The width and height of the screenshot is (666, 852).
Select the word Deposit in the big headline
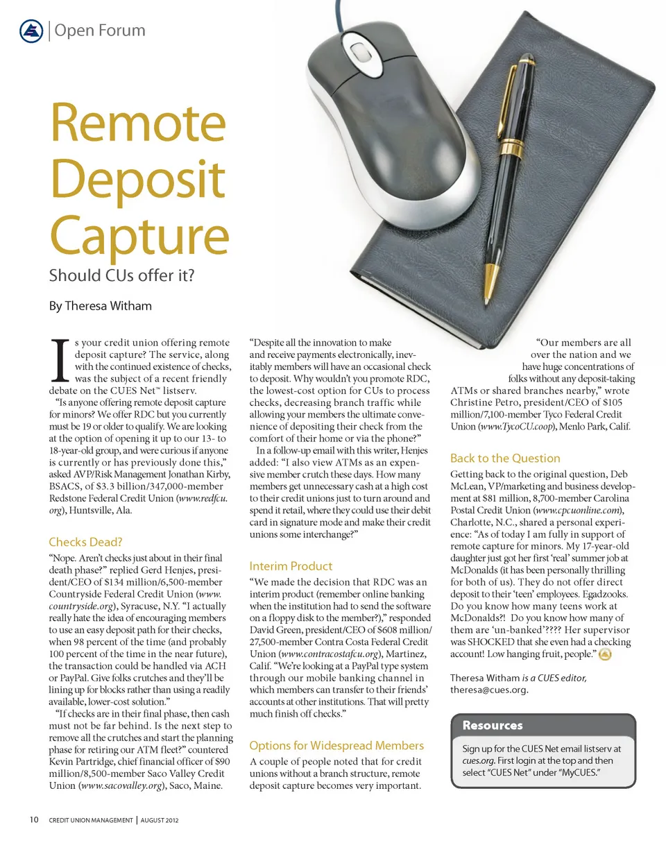(x=137, y=179)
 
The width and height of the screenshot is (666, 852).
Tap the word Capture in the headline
(x=139, y=235)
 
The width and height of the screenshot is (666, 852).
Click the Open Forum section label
(x=99, y=31)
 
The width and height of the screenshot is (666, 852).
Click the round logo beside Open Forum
(x=31, y=31)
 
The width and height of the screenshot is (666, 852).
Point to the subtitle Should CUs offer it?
(x=121, y=275)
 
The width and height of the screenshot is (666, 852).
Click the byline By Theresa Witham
(x=100, y=305)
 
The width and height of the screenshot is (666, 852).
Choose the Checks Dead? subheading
(x=85, y=542)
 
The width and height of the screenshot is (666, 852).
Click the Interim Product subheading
(x=291, y=565)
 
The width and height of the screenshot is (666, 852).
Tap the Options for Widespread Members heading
(x=336, y=745)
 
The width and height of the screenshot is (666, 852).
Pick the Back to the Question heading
(x=505, y=458)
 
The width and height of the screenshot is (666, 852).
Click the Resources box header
(x=493, y=725)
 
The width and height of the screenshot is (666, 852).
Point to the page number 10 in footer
(x=34, y=819)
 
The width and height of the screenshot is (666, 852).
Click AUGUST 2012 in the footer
(x=160, y=820)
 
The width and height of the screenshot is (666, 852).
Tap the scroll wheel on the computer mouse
(x=358, y=51)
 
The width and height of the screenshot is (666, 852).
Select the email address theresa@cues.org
(x=489, y=690)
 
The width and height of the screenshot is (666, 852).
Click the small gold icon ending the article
(x=604, y=654)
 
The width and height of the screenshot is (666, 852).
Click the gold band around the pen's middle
(x=512, y=145)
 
